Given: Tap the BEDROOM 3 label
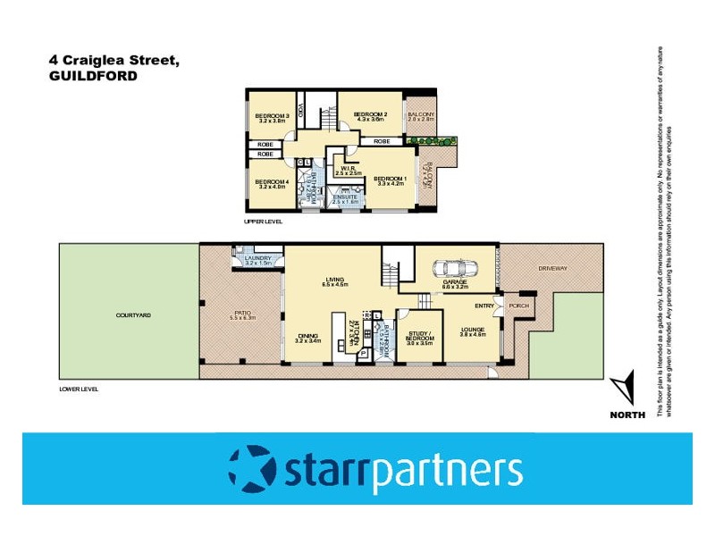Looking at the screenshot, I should click(271, 115).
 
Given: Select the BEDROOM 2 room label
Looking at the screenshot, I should click(369, 114).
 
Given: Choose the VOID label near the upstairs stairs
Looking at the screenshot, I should click(301, 113).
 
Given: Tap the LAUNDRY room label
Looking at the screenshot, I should click(257, 258).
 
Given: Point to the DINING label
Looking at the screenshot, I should click(308, 336).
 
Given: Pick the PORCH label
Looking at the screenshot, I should click(519, 306).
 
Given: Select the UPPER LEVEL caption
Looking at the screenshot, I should click(264, 221).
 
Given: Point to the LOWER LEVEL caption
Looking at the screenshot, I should click(77, 389).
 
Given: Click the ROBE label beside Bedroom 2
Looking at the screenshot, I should click(382, 141).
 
